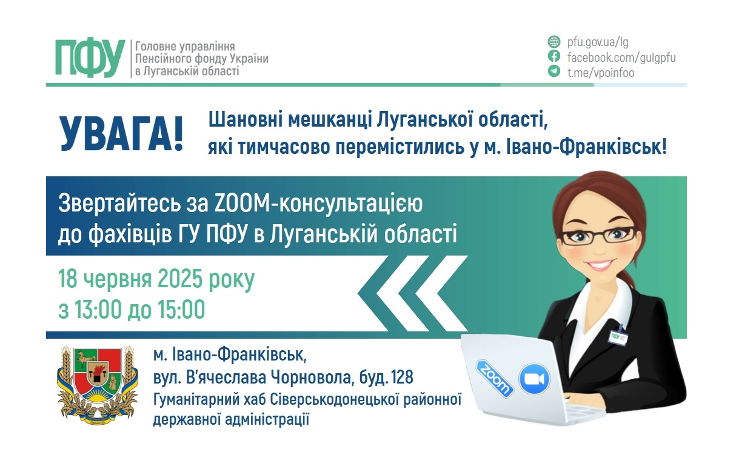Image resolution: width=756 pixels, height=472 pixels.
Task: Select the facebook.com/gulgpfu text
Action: click(621, 58)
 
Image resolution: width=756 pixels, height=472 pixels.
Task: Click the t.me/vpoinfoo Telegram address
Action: click(600, 73)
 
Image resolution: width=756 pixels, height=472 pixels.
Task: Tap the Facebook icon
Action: click(554, 57)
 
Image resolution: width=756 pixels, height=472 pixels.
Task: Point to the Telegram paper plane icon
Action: click(554, 71)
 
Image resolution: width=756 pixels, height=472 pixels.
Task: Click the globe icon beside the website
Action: click(554, 42)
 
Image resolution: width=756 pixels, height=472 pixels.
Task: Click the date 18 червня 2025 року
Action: click(156, 280)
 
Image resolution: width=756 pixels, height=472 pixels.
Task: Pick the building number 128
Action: click(402, 378)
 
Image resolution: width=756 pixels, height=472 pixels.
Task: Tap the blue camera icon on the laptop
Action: click(534, 379)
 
